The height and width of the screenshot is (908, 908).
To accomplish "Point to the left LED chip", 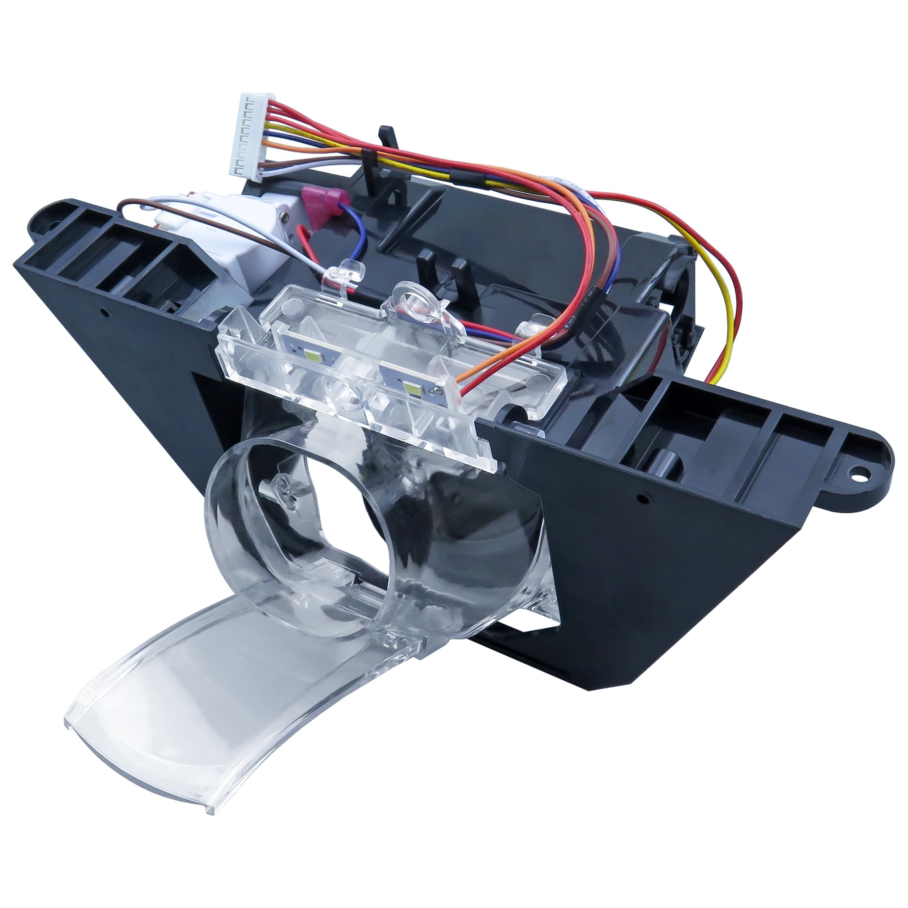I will click(310, 352).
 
